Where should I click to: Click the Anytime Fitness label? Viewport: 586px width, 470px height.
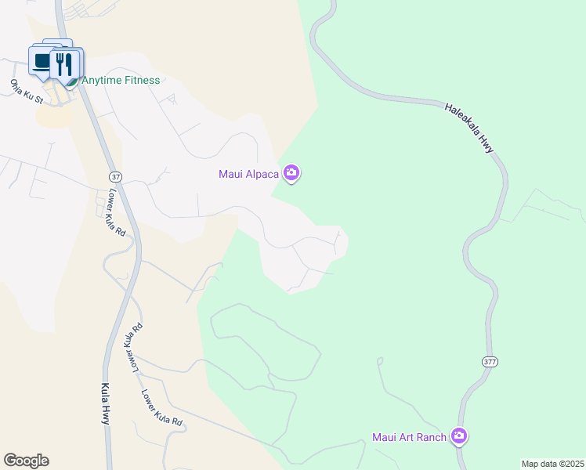tap(121, 80)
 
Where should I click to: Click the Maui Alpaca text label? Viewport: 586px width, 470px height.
tap(249, 173)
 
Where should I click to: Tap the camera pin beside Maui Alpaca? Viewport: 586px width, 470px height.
tap(291, 172)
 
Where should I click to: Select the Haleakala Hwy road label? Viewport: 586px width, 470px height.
tap(473, 128)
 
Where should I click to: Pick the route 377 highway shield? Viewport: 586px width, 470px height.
tap(490, 362)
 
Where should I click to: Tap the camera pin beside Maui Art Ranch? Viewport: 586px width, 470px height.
tap(459, 436)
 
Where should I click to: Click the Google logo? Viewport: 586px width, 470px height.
tap(26, 461)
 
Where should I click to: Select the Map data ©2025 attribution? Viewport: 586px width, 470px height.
tap(552, 464)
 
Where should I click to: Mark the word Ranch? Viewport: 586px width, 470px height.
tap(430, 437)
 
